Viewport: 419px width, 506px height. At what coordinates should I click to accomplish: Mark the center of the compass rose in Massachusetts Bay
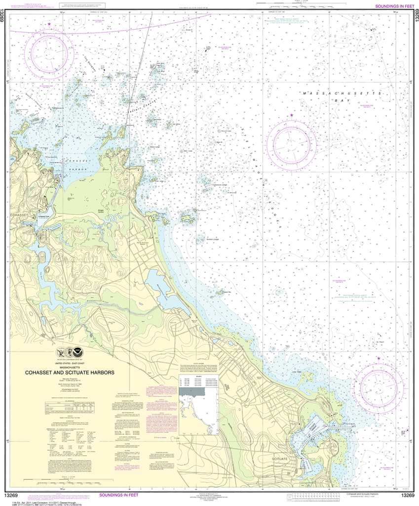click(x=291, y=144)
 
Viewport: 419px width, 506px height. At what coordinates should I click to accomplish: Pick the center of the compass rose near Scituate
click(x=379, y=385)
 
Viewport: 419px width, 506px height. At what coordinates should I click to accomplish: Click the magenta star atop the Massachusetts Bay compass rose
click(x=291, y=116)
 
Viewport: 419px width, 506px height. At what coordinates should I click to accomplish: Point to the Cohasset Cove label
click(x=44, y=216)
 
